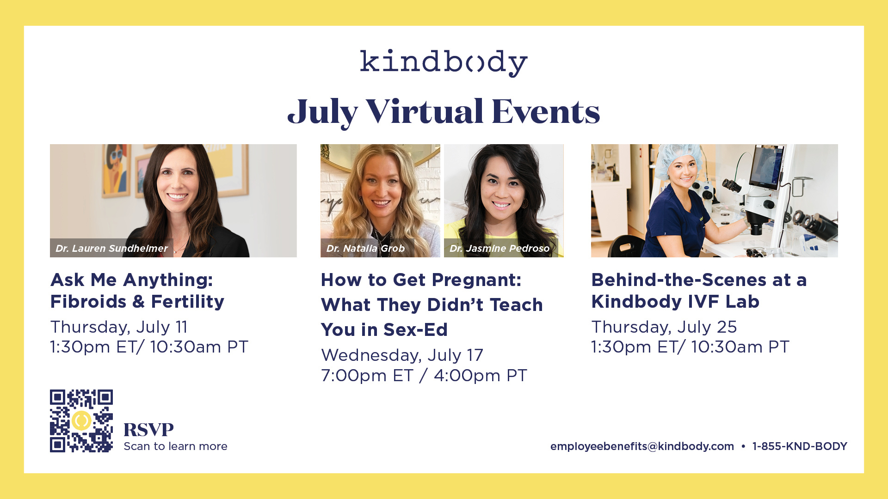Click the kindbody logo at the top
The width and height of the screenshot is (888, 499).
tap(444, 62)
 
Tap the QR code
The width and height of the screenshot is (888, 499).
tap(81, 421)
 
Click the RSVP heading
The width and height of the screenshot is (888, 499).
tap(148, 430)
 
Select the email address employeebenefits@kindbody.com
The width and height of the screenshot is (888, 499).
tap(642, 446)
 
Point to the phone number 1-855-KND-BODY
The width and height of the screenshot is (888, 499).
tap(800, 446)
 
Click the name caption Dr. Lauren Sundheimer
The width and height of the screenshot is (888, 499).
tap(111, 248)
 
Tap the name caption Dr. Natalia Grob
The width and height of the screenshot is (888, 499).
tap(365, 248)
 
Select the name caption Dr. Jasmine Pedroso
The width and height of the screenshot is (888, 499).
tap(499, 248)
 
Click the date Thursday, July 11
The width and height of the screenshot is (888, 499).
tap(119, 327)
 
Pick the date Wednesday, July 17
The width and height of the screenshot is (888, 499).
tap(402, 355)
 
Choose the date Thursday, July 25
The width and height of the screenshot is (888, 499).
tap(664, 327)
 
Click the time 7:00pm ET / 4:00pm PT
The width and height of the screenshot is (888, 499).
tap(424, 376)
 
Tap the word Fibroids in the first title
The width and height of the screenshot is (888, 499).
tap(88, 302)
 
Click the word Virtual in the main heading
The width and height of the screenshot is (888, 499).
tap(425, 112)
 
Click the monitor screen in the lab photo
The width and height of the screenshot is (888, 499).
tap(766, 166)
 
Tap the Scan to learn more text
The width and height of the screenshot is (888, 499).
tap(175, 446)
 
